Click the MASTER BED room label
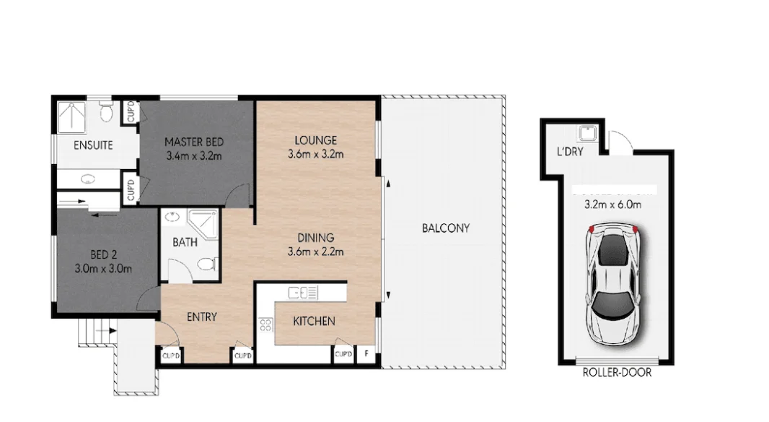coord(193,142)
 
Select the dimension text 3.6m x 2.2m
coord(315,251)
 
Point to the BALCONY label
coord(445,228)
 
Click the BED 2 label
coord(104,255)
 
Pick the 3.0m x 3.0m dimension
coord(104,269)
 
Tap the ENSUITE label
coord(93,145)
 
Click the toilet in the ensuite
coord(107,112)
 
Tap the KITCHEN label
coord(313,321)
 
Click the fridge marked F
coord(367,355)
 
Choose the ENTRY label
coord(201,316)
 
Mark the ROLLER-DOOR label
coord(617,373)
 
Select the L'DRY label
coord(569,152)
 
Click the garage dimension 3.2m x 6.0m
coord(613,204)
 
